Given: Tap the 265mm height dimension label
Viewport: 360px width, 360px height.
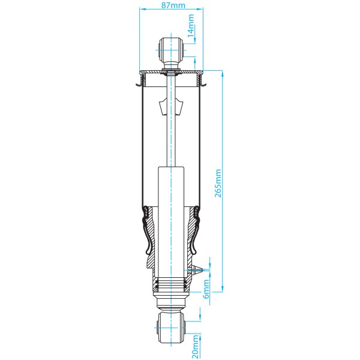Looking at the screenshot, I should point(218,183).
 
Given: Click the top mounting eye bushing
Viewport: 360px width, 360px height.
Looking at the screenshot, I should point(171,47).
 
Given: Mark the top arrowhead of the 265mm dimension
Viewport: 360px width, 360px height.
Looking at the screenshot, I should point(223,74).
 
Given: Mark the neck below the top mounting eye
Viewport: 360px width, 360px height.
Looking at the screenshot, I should point(171,62).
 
